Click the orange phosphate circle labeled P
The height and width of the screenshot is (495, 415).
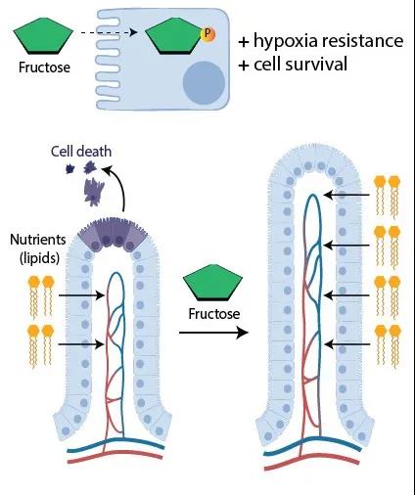point(207,34)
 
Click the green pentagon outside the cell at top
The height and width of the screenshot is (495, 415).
point(43,35)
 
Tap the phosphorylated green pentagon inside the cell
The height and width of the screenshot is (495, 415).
point(175,35)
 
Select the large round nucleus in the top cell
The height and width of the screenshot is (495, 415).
point(204,82)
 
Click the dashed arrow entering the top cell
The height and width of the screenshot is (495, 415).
point(109,32)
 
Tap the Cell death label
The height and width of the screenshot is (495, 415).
point(81,152)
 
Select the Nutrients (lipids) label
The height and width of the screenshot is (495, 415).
point(38,248)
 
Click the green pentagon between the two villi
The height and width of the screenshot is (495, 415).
point(212,283)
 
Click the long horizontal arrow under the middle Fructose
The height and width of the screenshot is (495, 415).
point(213,333)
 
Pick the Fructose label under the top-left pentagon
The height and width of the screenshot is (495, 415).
point(44,67)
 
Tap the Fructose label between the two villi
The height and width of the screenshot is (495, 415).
point(214,314)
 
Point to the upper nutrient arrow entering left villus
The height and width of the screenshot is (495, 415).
point(81,295)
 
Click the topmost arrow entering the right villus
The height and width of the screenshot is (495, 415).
point(346,195)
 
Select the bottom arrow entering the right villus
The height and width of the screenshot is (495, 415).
point(347,344)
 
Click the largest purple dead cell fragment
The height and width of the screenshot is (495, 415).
point(94,192)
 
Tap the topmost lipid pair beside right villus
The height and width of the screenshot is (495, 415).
point(388,197)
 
